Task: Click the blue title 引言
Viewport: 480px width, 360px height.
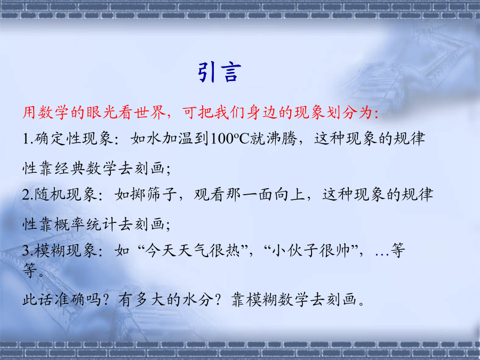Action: (220, 72)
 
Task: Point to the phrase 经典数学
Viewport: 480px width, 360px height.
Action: (86, 169)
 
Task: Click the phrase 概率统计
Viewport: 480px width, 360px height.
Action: (86, 225)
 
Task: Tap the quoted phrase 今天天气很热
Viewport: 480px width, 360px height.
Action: (192, 251)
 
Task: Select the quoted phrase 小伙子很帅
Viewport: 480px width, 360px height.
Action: (311, 251)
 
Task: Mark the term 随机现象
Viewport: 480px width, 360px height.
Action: (66, 195)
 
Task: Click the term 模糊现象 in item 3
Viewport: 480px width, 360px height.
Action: (66, 251)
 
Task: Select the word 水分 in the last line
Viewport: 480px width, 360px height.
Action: (198, 299)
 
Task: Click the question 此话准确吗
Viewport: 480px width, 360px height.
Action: (62, 299)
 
